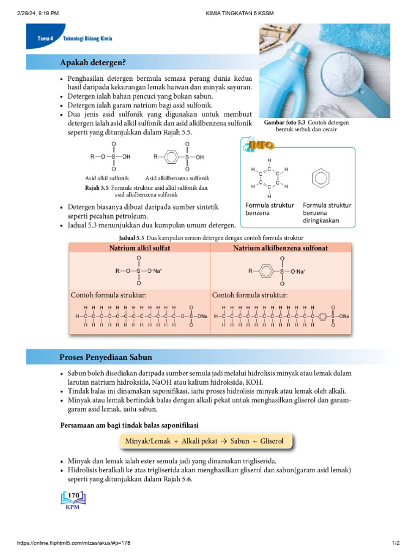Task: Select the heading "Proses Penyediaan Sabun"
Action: pos(105,357)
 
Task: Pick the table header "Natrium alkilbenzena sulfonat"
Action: pos(280,248)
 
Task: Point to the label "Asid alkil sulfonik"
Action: pos(107,178)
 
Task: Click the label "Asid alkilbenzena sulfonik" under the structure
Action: pos(177,178)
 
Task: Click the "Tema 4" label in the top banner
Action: pos(45,39)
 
